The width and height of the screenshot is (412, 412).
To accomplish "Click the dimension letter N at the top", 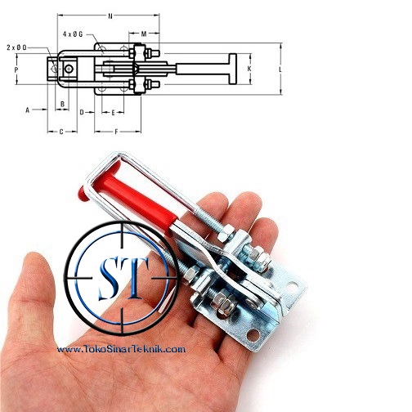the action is click(x=110, y=16).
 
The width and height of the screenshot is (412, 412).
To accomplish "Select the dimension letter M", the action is click(x=144, y=34).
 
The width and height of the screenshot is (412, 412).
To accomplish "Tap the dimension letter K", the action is click(x=249, y=69).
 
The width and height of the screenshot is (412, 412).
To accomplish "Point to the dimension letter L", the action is click(x=280, y=69).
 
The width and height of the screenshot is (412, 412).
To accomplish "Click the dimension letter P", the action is click(x=16, y=70).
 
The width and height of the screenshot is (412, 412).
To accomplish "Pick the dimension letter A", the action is click(x=27, y=110).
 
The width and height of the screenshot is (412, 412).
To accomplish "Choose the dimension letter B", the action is click(x=62, y=104).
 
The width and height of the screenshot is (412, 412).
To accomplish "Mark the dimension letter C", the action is click(x=61, y=132).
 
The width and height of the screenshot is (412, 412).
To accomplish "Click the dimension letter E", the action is click(x=114, y=113).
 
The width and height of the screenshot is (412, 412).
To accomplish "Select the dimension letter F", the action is click(x=116, y=132).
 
